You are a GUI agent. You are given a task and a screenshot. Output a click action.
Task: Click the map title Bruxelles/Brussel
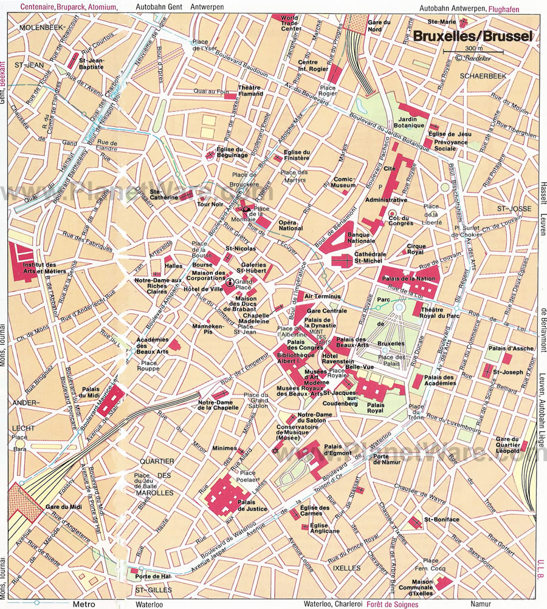(x=472, y=36)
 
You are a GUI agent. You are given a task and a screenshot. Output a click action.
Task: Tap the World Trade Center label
(x=289, y=24)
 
